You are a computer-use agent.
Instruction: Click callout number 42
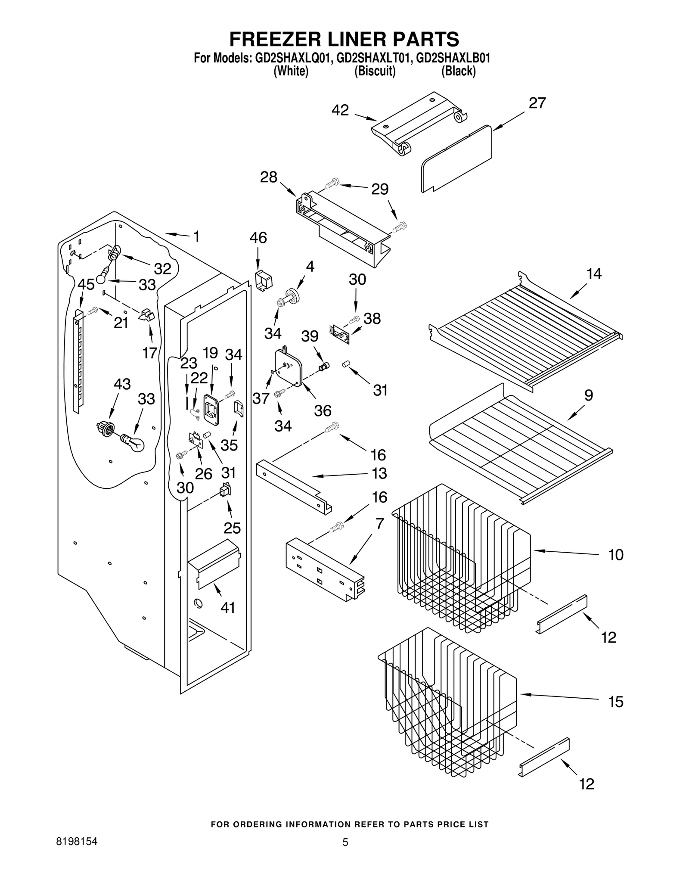pyautogui.click(x=340, y=110)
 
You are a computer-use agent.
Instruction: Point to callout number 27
pyautogui.click(x=537, y=103)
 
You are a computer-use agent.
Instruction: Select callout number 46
pyautogui.click(x=258, y=238)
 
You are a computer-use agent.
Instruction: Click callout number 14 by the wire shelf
pyautogui.click(x=594, y=274)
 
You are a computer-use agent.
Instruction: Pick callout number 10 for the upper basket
pyautogui.click(x=616, y=555)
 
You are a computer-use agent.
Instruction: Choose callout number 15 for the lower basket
pyautogui.click(x=616, y=702)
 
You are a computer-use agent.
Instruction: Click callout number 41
pyautogui.click(x=228, y=608)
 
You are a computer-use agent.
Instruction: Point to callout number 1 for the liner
pyautogui.click(x=196, y=236)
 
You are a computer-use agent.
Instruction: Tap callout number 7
pyautogui.click(x=379, y=524)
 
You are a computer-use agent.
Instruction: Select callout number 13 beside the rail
pyautogui.click(x=379, y=474)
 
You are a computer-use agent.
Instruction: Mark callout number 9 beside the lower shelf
pyautogui.click(x=588, y=395)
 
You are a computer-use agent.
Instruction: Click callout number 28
pyautogui.click(x=269, y=177)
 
